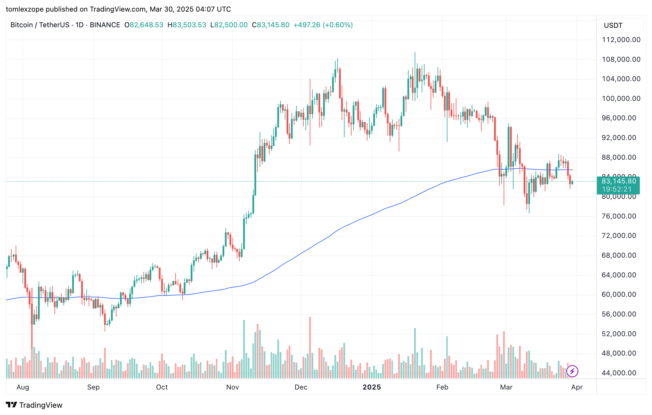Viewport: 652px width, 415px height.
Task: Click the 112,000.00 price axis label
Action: pos(621,40)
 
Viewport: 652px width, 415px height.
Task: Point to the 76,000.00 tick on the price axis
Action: pos(619,216)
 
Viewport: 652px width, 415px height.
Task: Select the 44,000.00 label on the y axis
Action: pos(619,373)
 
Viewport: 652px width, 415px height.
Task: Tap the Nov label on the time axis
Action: pos(232,387)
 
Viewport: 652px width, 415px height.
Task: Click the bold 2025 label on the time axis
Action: pos(371,387)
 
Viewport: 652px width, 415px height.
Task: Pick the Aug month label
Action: pos(23,387)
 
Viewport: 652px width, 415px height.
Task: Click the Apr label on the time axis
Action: pos(577,387)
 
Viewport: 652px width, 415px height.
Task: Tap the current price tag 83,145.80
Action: pos(619,181)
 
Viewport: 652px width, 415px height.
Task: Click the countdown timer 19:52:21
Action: pos(617,190)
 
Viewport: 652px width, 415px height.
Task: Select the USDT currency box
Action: pos(621,26)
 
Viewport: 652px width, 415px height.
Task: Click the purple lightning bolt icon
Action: pos(572,371)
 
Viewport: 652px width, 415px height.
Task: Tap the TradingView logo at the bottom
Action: pos(34,405)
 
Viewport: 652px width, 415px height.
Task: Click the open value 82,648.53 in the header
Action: pos(146,25)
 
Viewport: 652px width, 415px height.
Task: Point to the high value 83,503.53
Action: pos(189,25)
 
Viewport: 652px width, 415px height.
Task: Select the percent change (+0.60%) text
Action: pos(338,25)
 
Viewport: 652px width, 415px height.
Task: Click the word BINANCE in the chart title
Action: pos(105,25)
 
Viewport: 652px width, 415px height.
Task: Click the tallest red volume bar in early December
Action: pos(310,348)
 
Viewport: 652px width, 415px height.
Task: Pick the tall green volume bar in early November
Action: pos(244,349)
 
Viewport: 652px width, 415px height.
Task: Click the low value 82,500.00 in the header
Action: pos(231,25)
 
